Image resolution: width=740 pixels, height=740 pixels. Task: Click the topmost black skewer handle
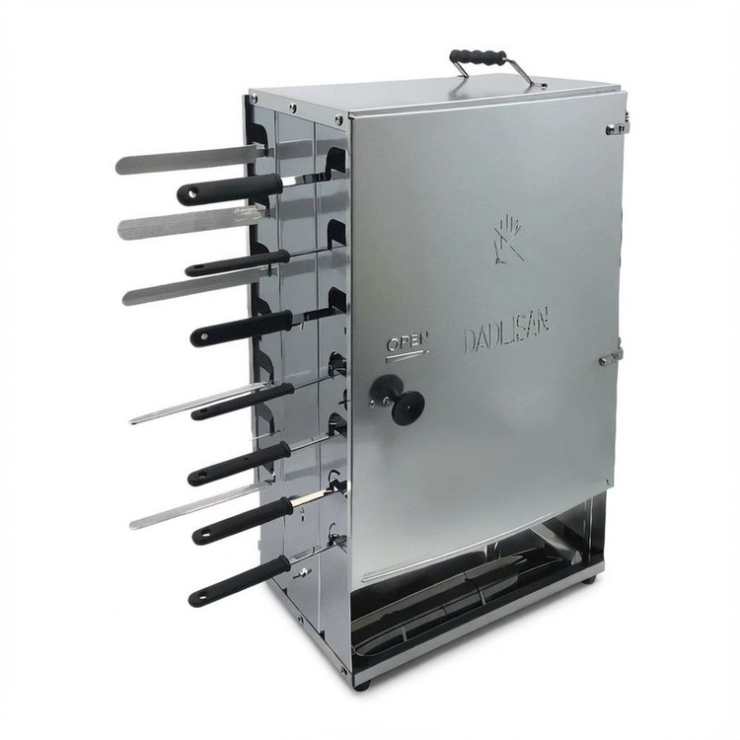pos(230,188)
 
